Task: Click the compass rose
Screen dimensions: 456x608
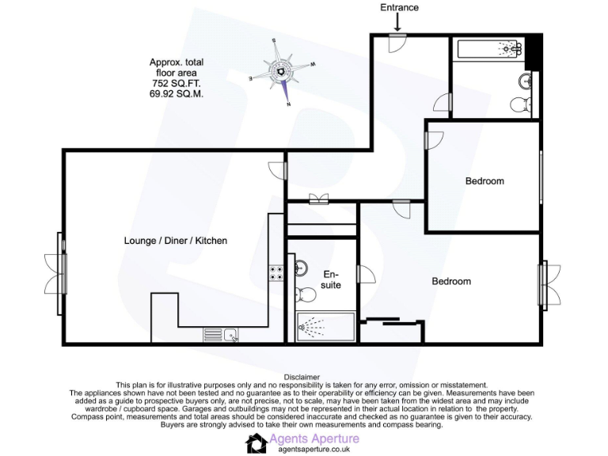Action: [282, 72]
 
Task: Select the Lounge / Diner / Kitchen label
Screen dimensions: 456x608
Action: [176, 240]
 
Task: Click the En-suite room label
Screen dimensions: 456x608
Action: [331, 279]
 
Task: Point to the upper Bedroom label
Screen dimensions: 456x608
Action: [484, 181]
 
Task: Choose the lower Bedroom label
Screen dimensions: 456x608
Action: [451, 281]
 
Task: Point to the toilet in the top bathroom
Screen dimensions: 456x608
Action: [519, 104]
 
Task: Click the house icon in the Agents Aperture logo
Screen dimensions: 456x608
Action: [256, 443]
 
